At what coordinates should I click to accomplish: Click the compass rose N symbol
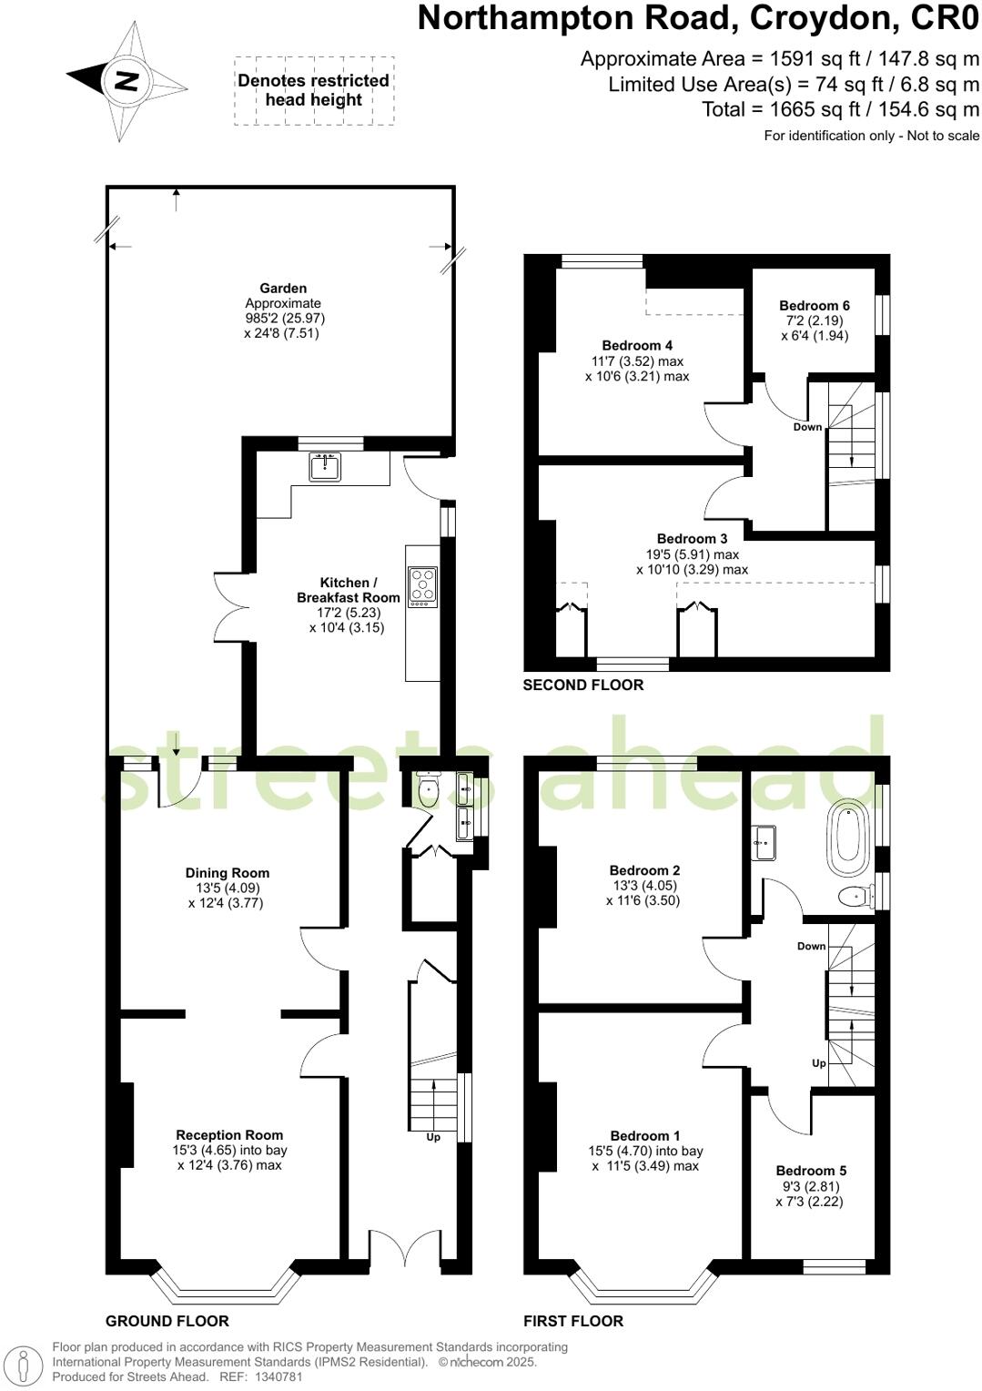pyautogui.click(x=126, y=81)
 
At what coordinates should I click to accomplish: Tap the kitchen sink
pyautogui.click(x=325, y=467)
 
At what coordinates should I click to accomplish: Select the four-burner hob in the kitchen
pyautogui.click(x=423, y=587)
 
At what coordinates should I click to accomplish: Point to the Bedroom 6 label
pyautogui.click(x=815, y=306)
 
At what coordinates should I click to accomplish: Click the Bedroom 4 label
pyautogui.click(x=637, y=345)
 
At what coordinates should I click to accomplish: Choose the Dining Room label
pyautogui.click(x=228, y=873)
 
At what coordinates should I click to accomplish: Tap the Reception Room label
pyautogui.click(x=229, y=1135)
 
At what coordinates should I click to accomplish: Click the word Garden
pyautogui.click(x=283, y=289)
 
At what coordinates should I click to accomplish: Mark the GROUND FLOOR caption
pyautogui.click(x=167, y=1321)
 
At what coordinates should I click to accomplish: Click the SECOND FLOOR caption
pyautogui.click(x=583, y=685)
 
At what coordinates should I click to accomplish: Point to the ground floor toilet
pyautogui.click(x=428, y=790)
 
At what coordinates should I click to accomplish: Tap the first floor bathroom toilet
pyautogui.click(x=854, y=897)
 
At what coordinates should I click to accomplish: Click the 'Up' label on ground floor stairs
pyautogui.click(x=433, y=1137)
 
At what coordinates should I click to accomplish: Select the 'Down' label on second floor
pyautogui.click(x=807, y=427)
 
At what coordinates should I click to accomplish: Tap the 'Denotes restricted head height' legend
pyautogui.click(x=314, y=90)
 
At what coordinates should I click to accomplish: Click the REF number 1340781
pyautogui.click(x=277, y=1377)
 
